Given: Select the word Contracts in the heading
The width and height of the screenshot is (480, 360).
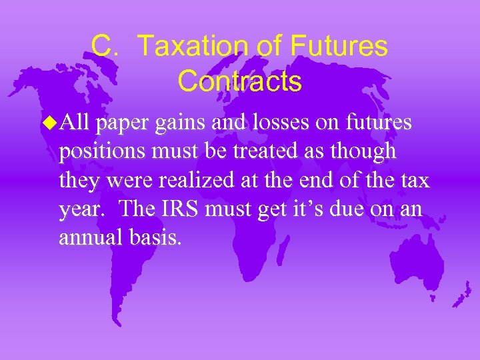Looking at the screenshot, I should [239, 81].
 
